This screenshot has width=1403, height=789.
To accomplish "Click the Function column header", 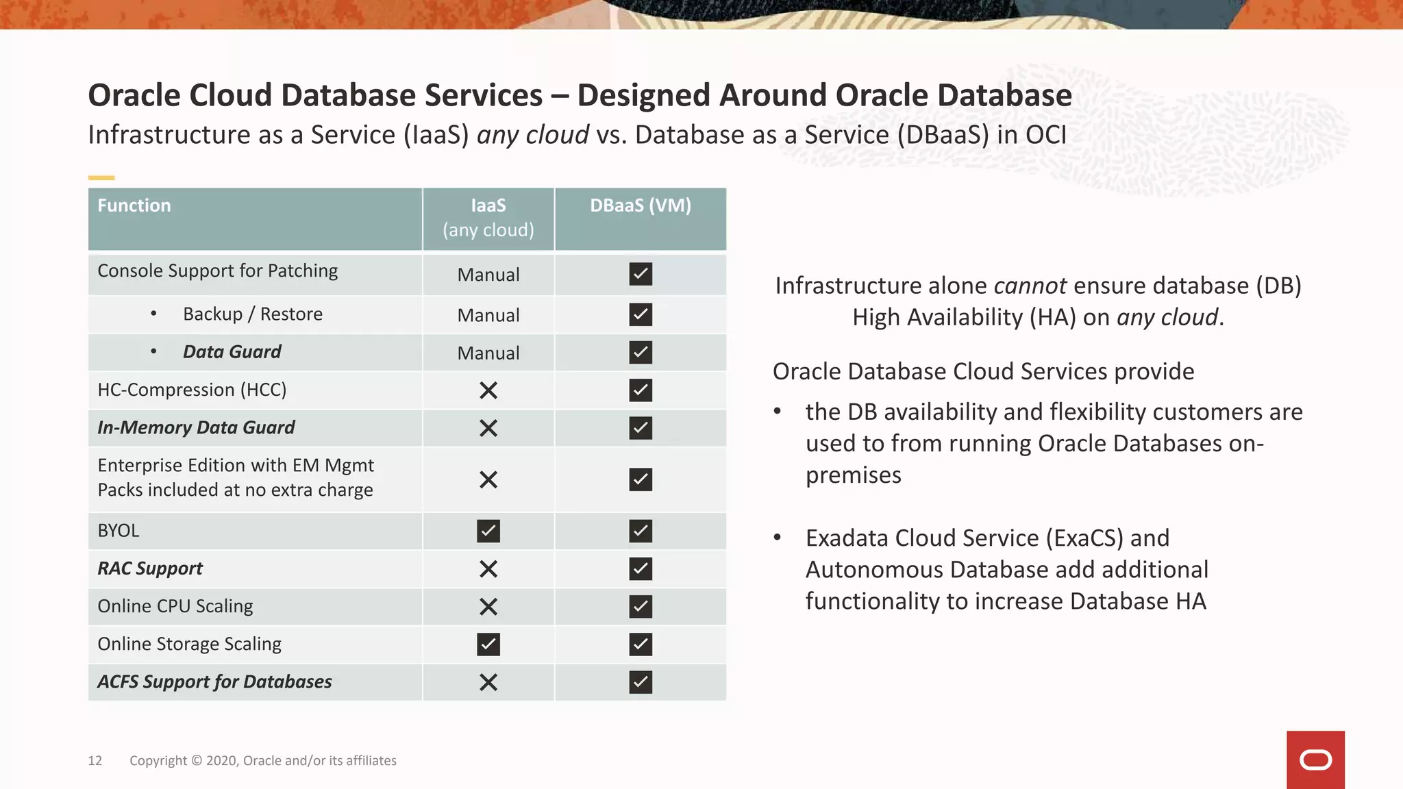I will click(134, 205).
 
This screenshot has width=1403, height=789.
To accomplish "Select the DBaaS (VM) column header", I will click(641, 205).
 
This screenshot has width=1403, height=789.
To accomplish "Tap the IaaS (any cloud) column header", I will click(488, 218).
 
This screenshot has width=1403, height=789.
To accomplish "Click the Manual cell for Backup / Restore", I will click(488, 315).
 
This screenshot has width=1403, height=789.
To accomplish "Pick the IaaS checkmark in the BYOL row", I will click(488, 531).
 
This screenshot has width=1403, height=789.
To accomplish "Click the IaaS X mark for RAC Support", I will click(488, 568).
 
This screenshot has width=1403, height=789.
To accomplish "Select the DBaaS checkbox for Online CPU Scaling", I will click(641, 606).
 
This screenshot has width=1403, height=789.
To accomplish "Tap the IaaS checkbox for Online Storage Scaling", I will click(488, 644).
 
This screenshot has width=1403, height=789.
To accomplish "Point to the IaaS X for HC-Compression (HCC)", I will click(488, 390).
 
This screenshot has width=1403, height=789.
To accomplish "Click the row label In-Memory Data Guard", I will click(196, 427).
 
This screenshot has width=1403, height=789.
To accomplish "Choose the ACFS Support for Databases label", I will click(214, 681).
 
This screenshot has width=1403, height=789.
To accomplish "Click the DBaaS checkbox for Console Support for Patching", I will click(641, 274).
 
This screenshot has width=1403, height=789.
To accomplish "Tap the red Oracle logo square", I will click(1315, 760).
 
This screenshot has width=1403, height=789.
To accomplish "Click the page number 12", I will click(95, 760).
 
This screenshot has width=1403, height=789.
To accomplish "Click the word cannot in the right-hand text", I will click(1030, 286).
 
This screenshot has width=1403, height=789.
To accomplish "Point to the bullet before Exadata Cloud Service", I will click(777, 538).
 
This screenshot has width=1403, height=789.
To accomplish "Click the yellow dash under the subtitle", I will click(101, 178).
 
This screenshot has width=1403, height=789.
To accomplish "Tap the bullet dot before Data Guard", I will click(153, 351).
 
